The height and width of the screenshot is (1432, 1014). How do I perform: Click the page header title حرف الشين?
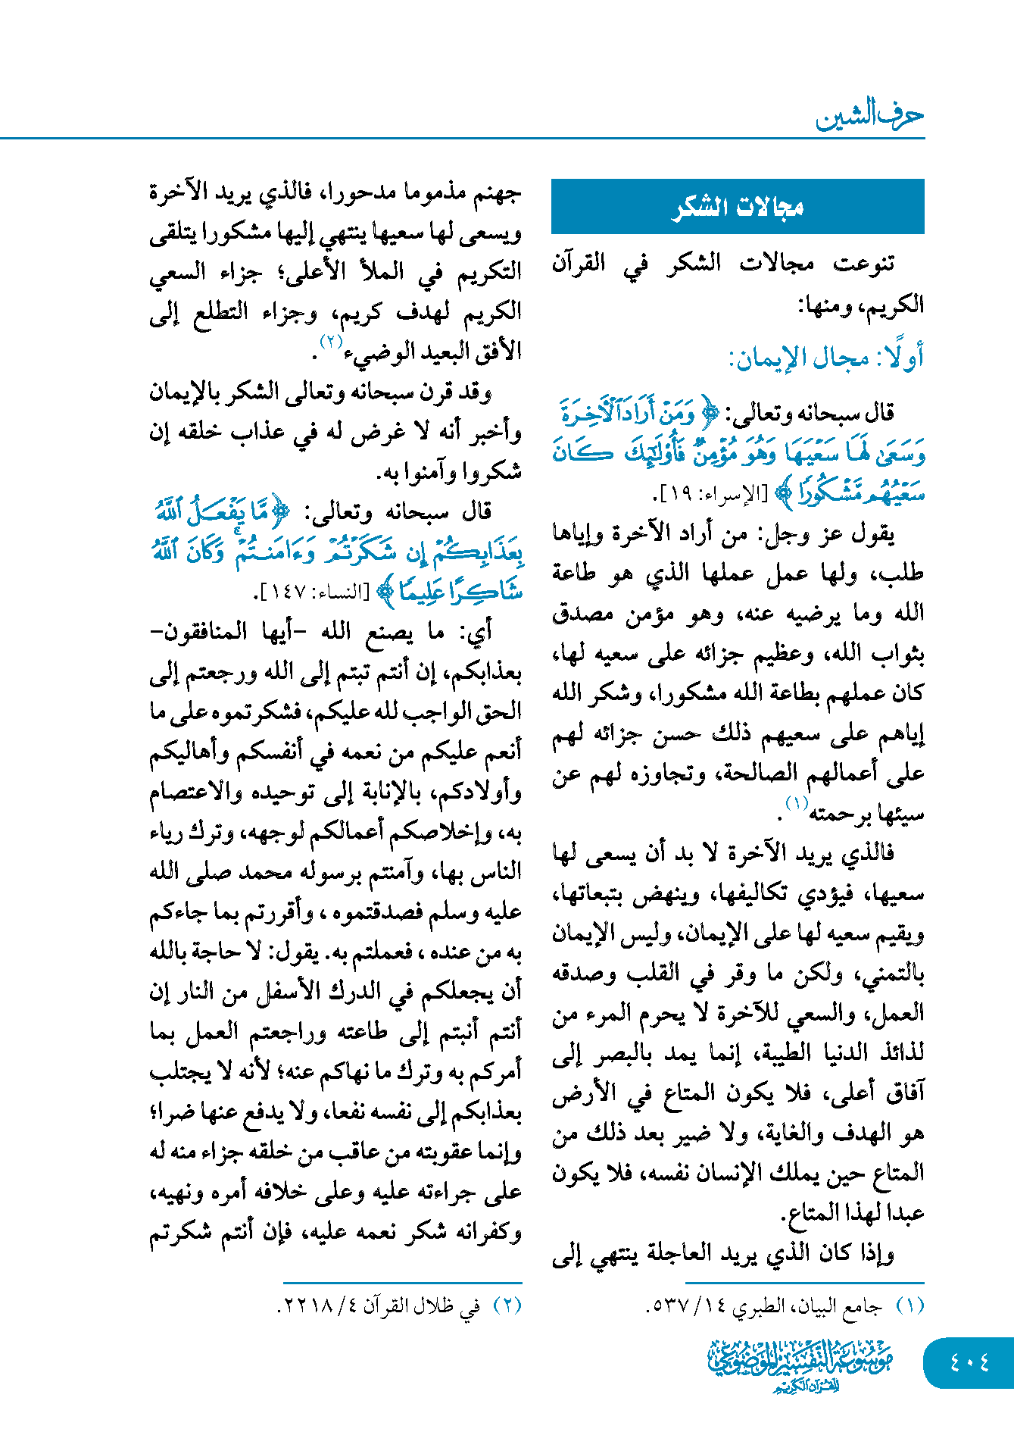(869, 115)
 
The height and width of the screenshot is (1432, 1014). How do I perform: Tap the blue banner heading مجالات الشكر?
(738, 207)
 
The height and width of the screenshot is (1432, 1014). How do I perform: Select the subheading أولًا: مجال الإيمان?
(826, 358)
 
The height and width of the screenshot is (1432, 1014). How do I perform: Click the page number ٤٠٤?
(969, 1363)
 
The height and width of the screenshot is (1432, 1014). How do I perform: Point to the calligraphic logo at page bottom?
(800, 1365)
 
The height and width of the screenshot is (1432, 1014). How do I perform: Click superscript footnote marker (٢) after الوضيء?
(331, 342)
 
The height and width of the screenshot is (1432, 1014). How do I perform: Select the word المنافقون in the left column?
(204, 631)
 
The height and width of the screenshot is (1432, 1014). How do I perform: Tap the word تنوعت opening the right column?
(863, 264)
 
